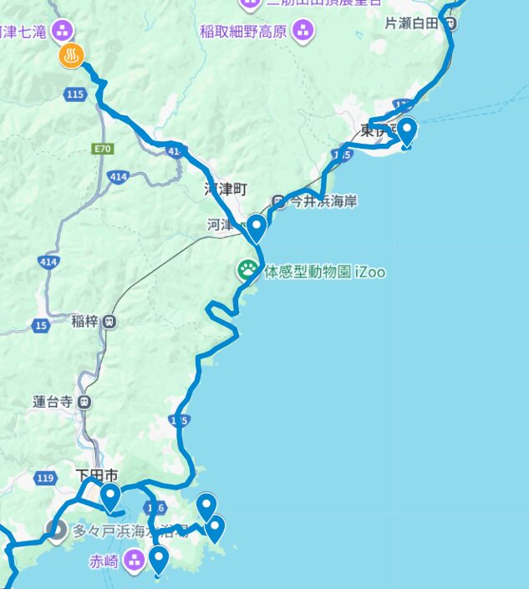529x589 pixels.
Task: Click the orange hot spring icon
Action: click(70, 57)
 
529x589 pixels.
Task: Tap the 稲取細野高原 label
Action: click(243, 32)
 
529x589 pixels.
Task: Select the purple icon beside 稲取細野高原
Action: click(303, 32)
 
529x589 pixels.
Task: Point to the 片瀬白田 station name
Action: click(411, 23)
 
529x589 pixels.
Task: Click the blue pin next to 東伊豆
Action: click(406, 131)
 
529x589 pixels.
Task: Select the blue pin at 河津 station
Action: click(256, 226)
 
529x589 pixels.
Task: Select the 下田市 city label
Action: click(97, 475)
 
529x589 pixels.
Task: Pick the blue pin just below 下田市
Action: click(110, 497)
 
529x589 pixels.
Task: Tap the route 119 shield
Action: click(46, 478)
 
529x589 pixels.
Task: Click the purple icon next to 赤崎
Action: click(134, 561)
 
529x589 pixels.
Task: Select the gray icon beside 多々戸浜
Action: click(56, 530)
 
